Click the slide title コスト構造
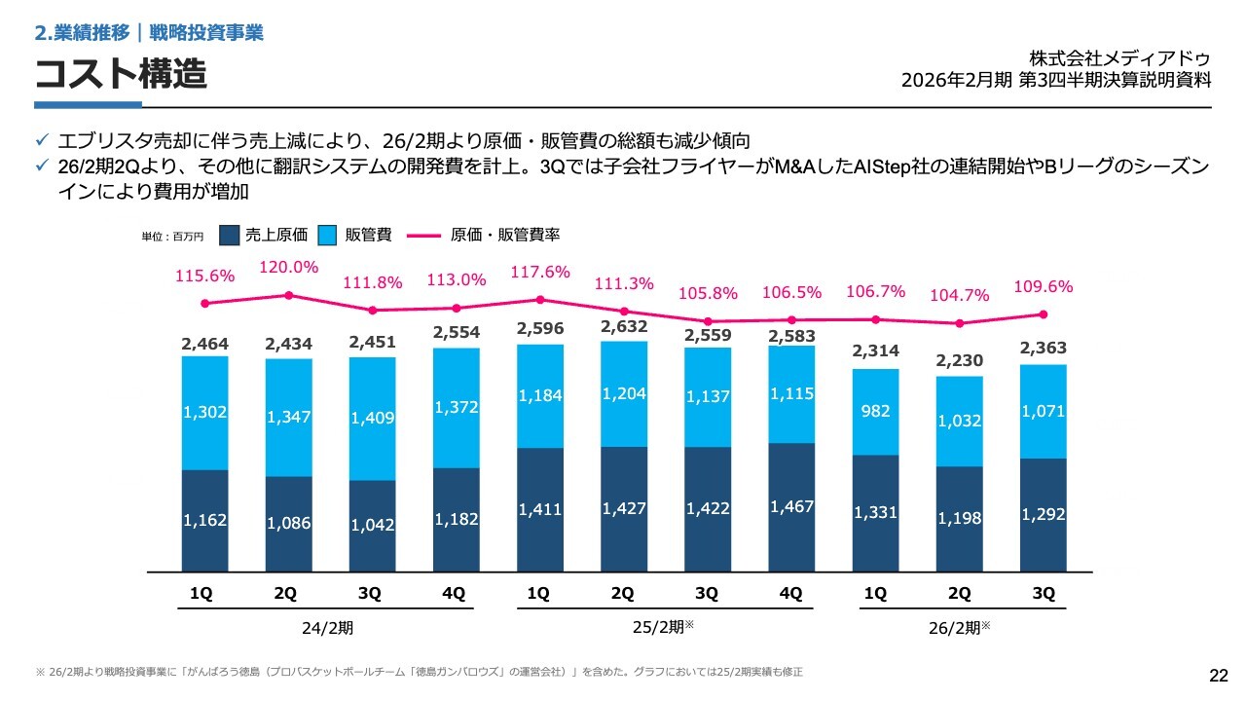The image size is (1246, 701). pyautogui.click(x=122, y=73)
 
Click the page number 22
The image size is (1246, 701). pyautogui.click(x=1218, y=677)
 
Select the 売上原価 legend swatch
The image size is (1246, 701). pyautogui.click(x=230, y=235)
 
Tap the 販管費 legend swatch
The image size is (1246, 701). pyautogui.click(x=329, y=235)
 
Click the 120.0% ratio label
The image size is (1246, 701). pyautogui.click(x=289, y=268)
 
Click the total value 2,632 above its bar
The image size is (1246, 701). pyautogui.click(x=624, y=326)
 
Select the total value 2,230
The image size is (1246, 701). pyautogui.click(x=960, y=360)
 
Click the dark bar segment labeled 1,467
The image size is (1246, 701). pyautogui.click(x=791, y=507)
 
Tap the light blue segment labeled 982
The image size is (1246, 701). pyautogui.click(x=876, y=412)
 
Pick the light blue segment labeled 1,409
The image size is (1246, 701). pyautogui.click(x=373, y=419)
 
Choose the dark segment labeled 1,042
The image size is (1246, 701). pyautogui.click(x=373, y=526)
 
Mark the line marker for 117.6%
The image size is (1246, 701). pyautogui.click(x=540, y=300)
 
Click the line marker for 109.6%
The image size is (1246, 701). pyautogui.click(x=1044, y=314)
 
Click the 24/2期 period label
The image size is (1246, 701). pyautogui.click(x=327, y=629)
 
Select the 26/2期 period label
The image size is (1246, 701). pyautogui.click(x=956, y=629)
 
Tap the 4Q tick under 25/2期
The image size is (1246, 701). pyautogui.click(x=791, y=593)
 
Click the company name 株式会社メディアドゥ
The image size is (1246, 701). pyautogui.click(x=1119, y=58)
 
